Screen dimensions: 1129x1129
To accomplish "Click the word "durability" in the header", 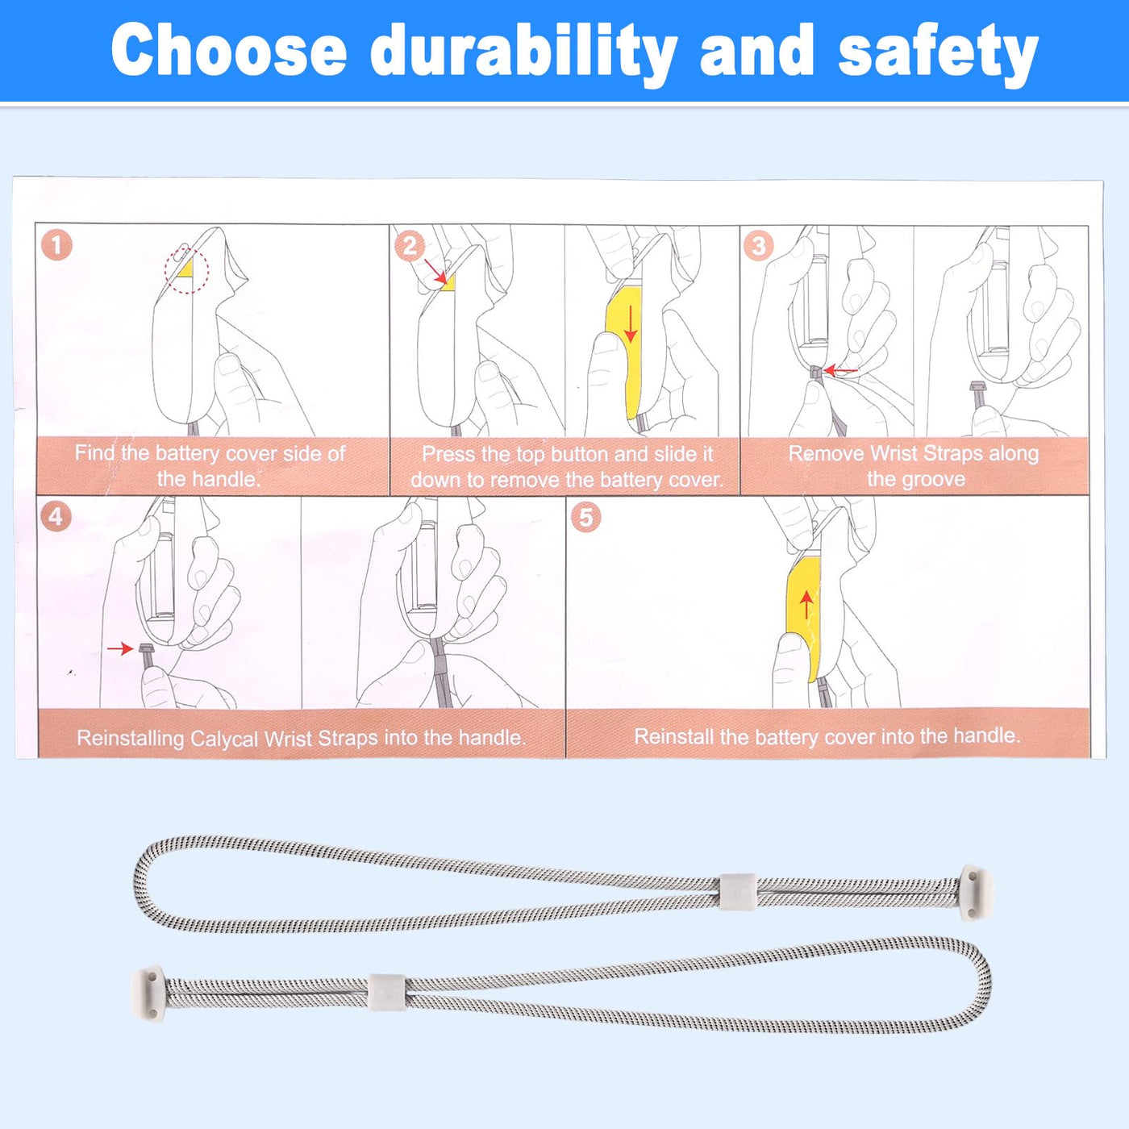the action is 523,52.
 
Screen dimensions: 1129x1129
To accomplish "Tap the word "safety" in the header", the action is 938,52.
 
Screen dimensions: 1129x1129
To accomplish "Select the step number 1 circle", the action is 56,244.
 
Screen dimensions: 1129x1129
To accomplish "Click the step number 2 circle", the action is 409,245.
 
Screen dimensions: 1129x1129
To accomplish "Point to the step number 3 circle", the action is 760,245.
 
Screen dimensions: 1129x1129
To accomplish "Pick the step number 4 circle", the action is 56,517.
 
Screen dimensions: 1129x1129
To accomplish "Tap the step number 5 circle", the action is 585,517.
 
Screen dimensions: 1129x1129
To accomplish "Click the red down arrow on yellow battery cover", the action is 631,323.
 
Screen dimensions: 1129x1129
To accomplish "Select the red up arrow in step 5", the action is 806,604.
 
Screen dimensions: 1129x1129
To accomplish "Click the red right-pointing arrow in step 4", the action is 120,648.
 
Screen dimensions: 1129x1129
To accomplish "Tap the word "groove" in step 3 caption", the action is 931,479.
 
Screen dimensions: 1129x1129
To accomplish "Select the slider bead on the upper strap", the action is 738,892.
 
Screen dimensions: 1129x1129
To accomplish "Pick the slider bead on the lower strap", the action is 387,993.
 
